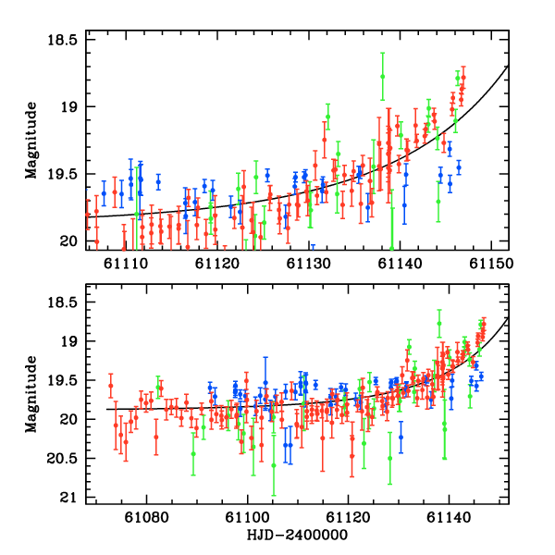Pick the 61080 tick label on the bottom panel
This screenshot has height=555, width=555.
148,516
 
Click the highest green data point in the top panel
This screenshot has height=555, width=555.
382,76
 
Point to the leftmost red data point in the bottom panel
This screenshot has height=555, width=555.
110,386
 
